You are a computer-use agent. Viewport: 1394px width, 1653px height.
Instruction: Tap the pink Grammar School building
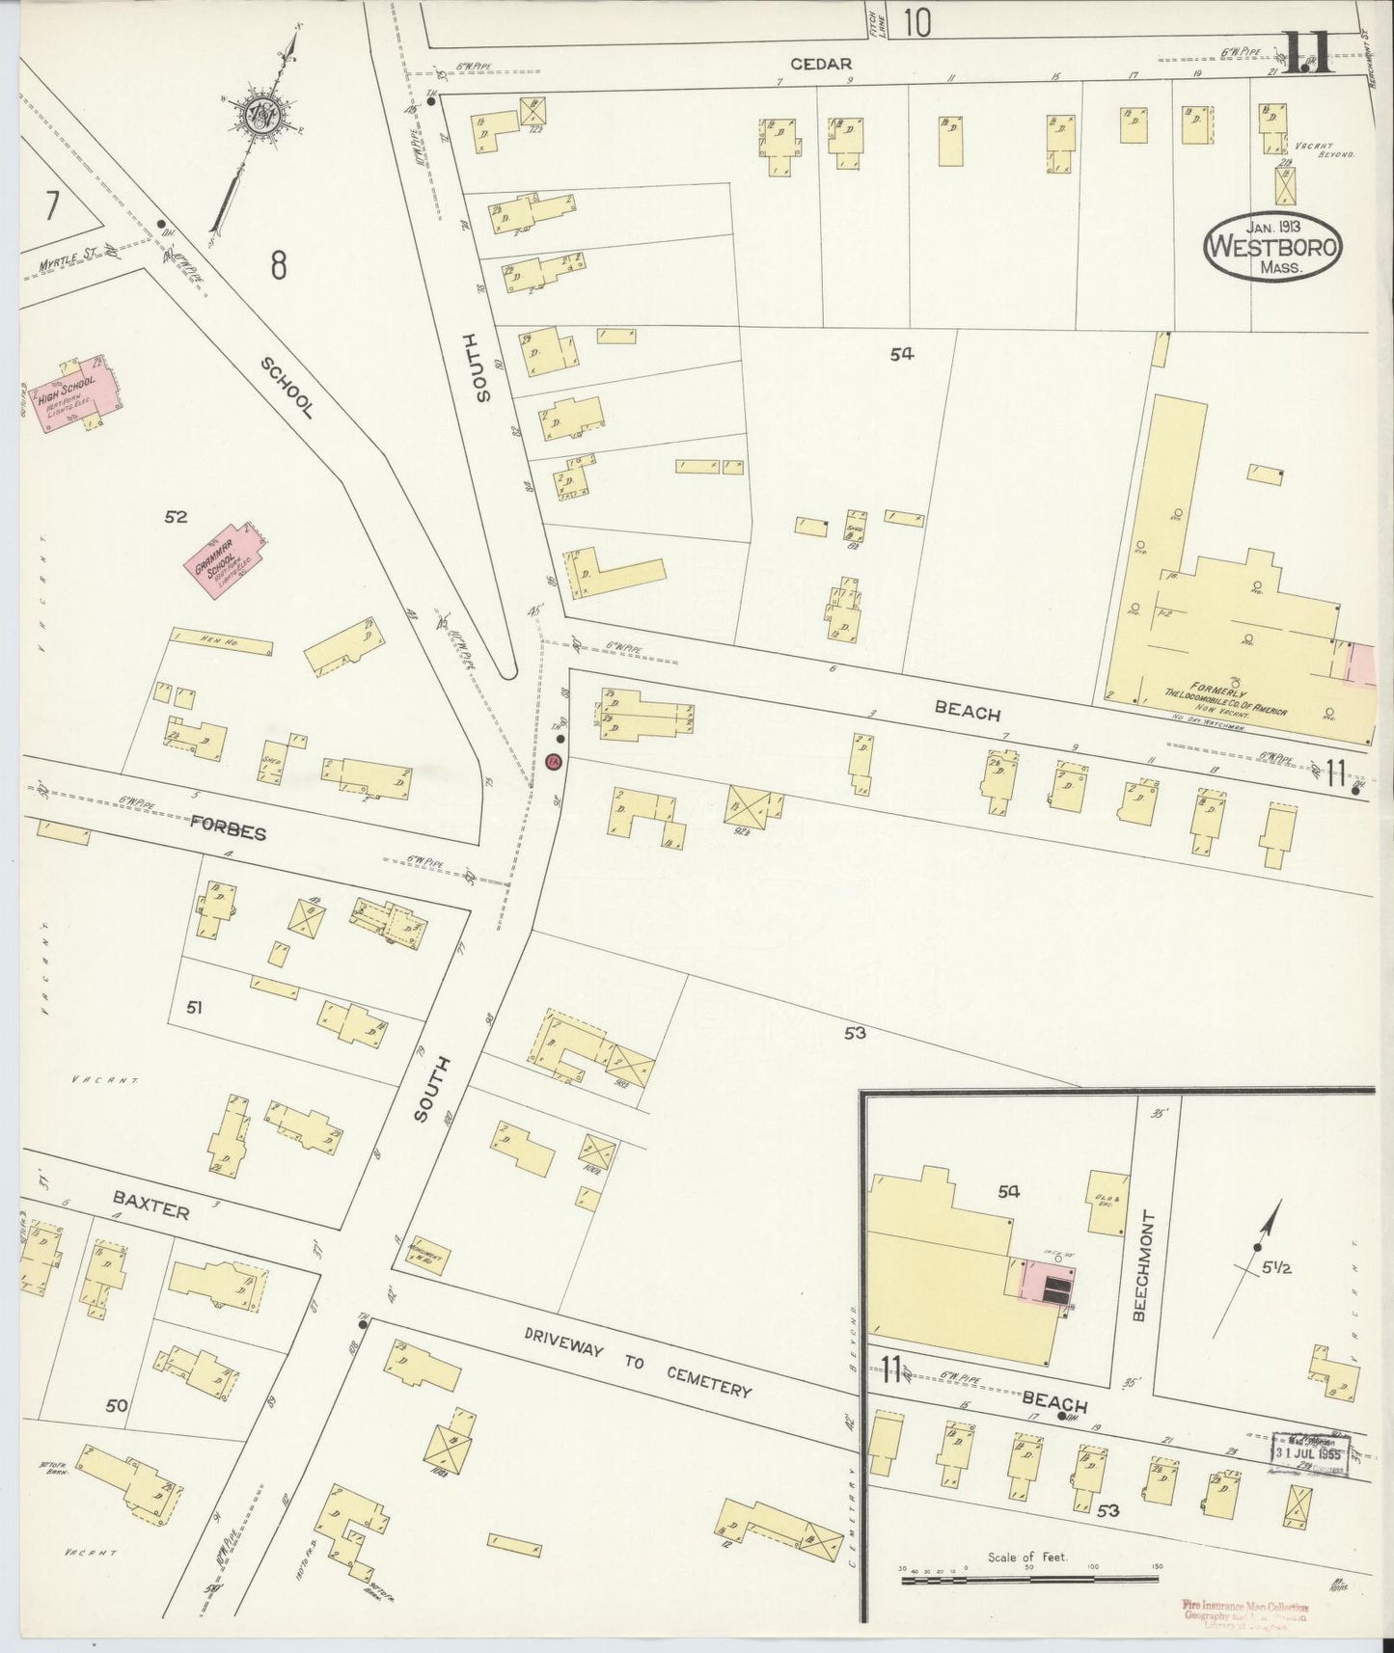tap(226, 556)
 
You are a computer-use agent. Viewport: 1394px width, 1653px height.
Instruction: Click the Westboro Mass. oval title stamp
tap(1273, 247)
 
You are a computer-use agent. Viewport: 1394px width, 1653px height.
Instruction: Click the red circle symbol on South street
tap(554, 762)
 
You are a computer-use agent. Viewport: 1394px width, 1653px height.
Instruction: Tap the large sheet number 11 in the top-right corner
tap(1307, 53)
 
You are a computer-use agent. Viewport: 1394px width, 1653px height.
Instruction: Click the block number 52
tap(175, 518)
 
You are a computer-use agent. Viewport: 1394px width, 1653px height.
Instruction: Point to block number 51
tap(194, 1008)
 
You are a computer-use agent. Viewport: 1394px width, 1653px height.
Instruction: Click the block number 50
tap(117, 1406)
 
